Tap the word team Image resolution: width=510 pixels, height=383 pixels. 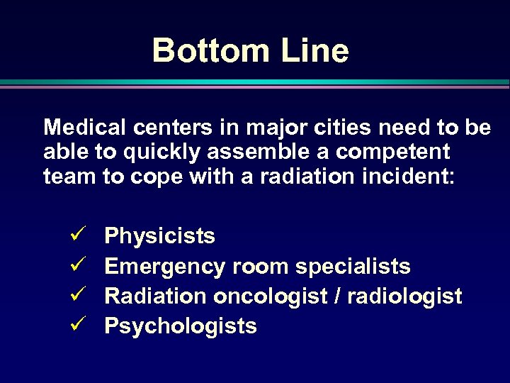[x=70, y=176]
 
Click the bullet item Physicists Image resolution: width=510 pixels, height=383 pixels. [x=159, y=236]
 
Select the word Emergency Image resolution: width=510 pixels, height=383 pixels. [x=165, y=266]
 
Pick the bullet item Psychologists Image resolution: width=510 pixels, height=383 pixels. [x=180, y=326]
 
